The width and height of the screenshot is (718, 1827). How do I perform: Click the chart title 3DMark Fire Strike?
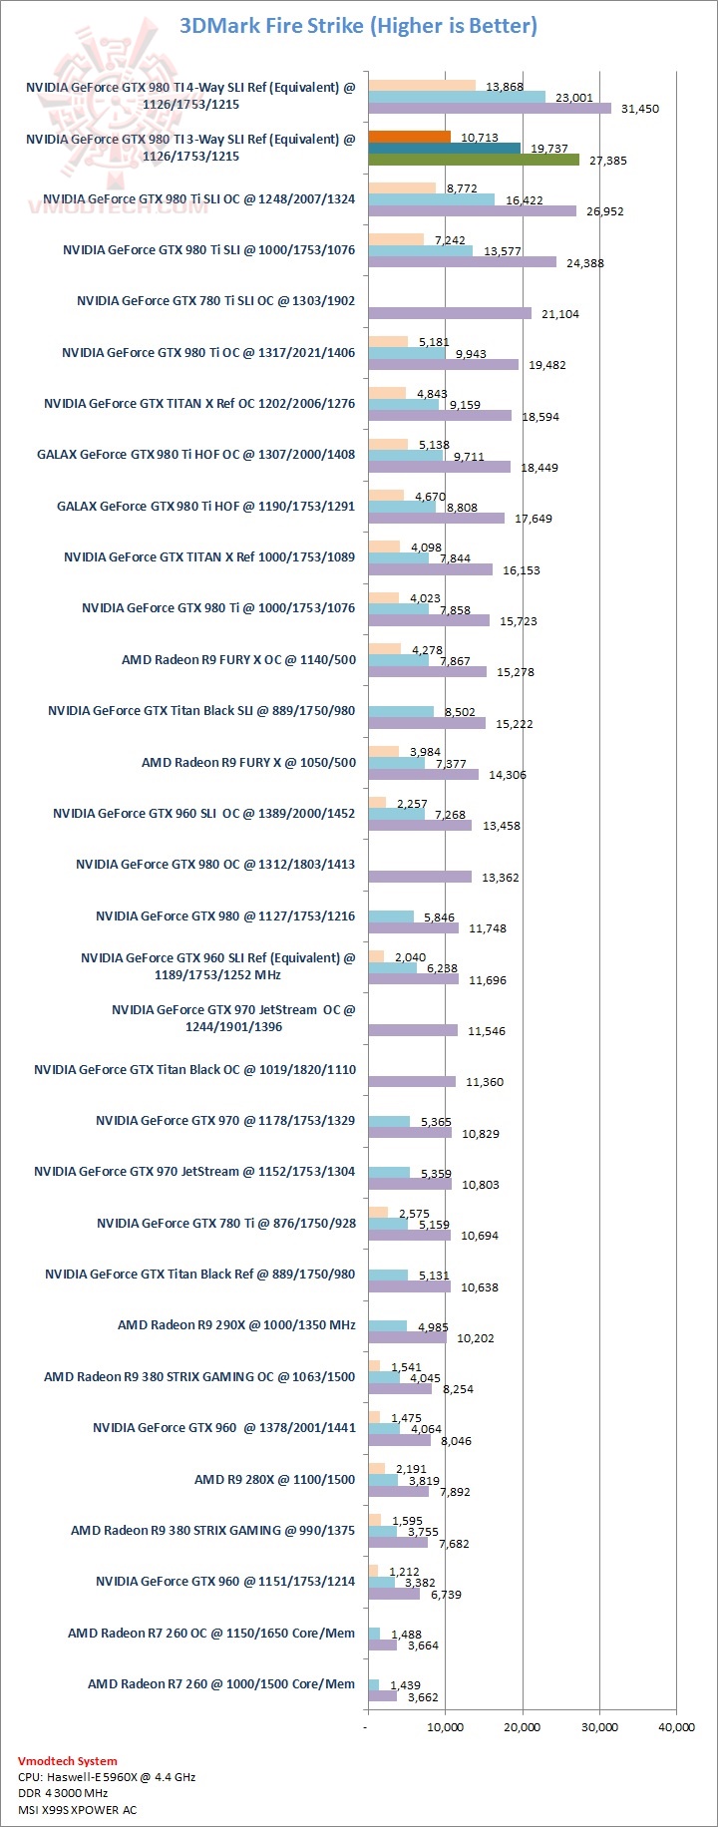(358, 26)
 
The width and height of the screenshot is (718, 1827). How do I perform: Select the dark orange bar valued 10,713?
(409, 137)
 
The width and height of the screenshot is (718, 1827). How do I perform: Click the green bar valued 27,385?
(473, 160)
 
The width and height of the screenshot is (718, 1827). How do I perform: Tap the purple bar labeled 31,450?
(489, 108)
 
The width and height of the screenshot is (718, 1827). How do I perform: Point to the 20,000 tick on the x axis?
(523, 1727)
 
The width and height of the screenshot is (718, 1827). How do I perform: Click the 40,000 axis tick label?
(676, 1727)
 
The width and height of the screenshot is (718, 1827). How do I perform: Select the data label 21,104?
(559, 314)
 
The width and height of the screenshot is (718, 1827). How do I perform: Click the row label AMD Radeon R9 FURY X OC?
(238, 659)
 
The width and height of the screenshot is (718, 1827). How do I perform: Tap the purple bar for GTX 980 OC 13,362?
(420, 877)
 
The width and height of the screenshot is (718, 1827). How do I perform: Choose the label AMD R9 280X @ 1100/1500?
(274, 1479)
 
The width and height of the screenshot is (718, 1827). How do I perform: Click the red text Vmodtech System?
(67, 1761)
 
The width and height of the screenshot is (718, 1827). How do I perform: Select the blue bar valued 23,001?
(457, 97)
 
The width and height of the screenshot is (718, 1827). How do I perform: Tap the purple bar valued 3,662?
(382, 1696)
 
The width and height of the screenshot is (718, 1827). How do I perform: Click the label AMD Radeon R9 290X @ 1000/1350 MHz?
(236, 1325)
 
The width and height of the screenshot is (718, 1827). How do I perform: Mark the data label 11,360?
(485, 1082)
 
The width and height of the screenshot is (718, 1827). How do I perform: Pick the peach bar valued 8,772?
(402, 187)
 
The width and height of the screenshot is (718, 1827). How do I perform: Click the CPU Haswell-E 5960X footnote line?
(107, 1777)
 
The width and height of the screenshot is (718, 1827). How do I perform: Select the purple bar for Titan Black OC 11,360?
(412, 1081)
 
